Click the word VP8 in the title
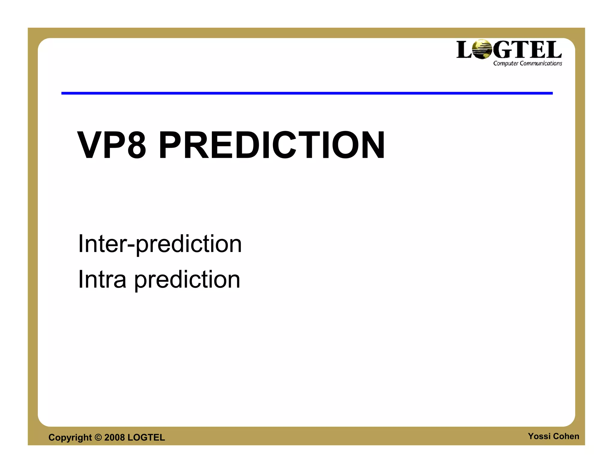pyautogui.click(x=112, y=145)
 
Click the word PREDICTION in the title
pyautogui.click(x=271, y=145)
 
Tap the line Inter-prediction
pyautogui.click(x=160, y=244)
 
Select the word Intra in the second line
pyautogui.click(x=102, y=279)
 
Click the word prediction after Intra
pyautogui.click(x=187, y=280)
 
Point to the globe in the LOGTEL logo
pyautogui.click(x=482, y=49)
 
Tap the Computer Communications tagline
pyautogui.click(x=527, y=63)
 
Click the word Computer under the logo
pyautogui.click(x=506, y=63)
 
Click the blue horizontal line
pyautogui.click(x=307, y=93)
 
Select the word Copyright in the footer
pyautogui.click(x=70, y=438)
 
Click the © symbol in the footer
pyautogui.click(x=98, y=437)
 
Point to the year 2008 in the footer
pyautogui.click(x=114, y=437)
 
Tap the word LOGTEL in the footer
pyautogui.click(x=146, y=437)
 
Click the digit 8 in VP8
pyautogui.click(x=136, y=145)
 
